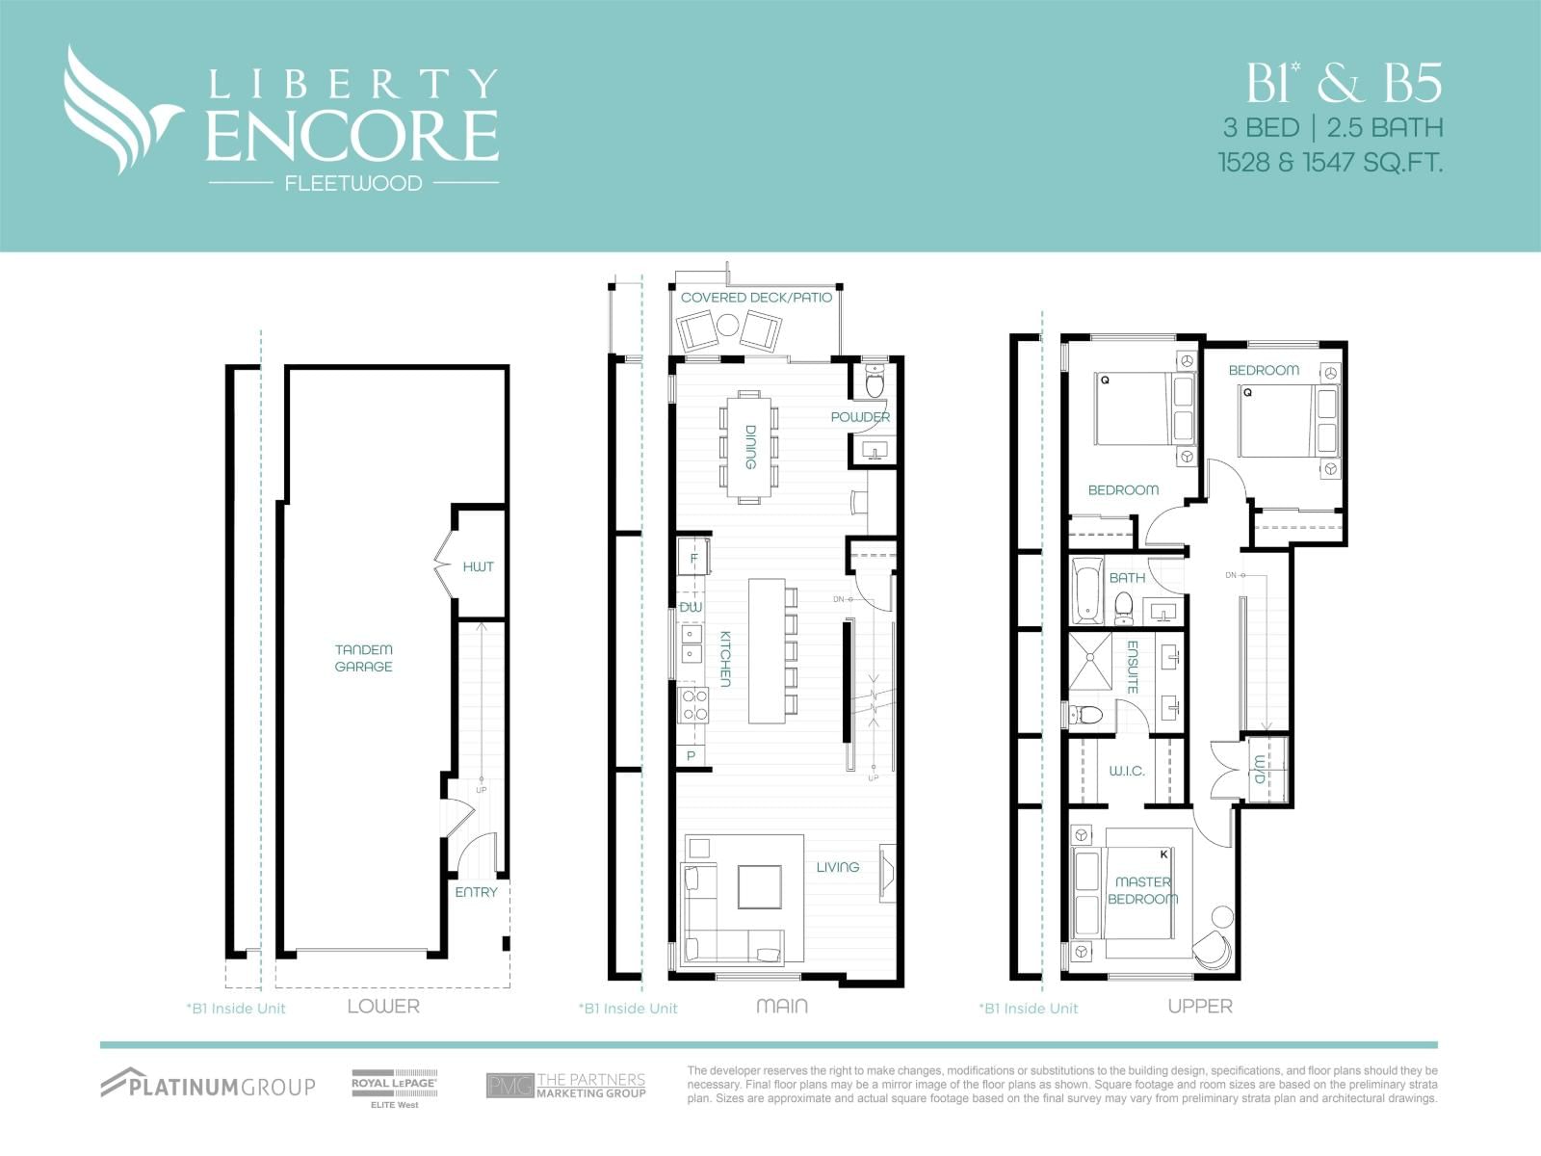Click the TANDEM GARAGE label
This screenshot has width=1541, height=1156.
(363, 658)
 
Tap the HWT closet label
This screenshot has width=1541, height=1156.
(478, 566)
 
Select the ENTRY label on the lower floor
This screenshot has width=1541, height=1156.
(476, 892)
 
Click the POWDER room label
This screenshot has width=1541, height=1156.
(860, 417)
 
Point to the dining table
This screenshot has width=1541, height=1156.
(748, 446)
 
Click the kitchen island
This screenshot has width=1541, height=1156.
(767, 650)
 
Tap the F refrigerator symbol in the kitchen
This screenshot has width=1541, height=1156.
(693, 558)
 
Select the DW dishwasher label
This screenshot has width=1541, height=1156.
(691, 607)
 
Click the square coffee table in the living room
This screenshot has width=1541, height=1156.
(760, 886)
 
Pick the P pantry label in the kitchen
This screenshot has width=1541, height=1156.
(691, 756)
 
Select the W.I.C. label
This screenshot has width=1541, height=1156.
(1126, 771)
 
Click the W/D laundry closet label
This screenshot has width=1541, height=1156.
(1259, 769)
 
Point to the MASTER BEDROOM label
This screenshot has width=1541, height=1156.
(1142, 890)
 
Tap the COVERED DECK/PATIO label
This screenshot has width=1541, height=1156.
(756, 298)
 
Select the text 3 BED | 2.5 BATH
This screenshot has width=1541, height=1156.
(1332, 127)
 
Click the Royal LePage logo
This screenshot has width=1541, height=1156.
(394, 1087)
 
